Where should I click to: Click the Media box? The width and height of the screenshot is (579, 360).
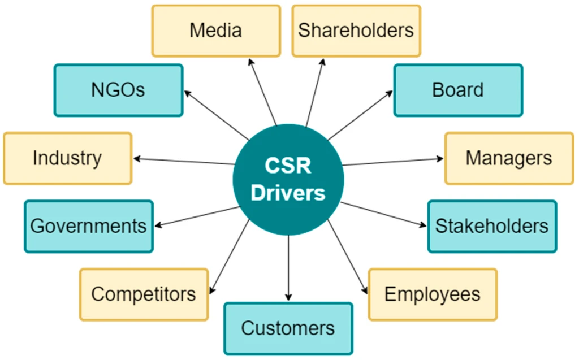pos(216,31)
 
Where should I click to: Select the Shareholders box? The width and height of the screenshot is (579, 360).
pos(356,31)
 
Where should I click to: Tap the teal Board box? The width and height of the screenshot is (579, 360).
pos(458,90)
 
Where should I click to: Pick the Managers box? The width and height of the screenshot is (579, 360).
pos(509,158)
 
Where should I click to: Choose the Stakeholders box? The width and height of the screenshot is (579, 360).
pos(491,226)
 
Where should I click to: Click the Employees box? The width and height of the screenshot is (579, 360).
pos(433,294)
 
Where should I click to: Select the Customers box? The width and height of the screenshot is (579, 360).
pos(288,328)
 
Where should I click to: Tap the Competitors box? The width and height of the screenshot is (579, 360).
pos(144,294)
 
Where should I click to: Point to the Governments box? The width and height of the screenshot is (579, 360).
pos(88,226)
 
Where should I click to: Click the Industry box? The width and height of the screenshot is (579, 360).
pos(67,158)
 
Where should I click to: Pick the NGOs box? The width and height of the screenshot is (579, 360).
pos(118,90)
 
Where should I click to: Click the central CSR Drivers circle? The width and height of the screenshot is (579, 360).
pos(288,178)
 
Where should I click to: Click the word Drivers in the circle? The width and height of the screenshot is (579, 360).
pos(288,193)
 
